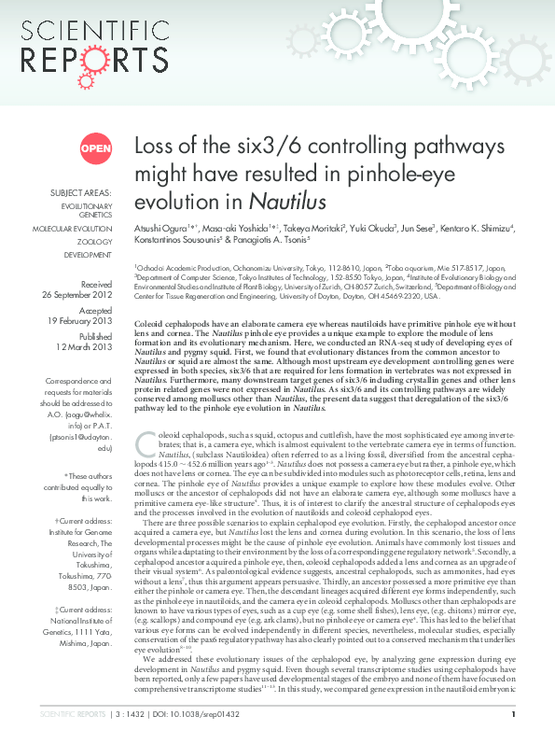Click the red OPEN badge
[95, 147]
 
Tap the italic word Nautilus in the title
[288, 202]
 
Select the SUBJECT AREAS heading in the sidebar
[81, 193]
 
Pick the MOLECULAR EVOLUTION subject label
[73, 228]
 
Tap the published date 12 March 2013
[86, 347]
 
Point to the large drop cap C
[146, 445]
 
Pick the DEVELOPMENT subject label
[88, 254]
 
